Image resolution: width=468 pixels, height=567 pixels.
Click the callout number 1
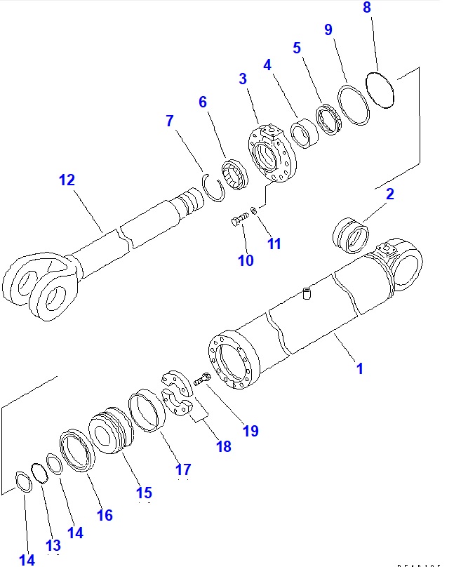(x=359, y=367)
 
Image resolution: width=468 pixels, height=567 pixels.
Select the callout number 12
(x=66, y=180)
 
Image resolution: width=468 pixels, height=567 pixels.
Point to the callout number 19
(x=250, y=430)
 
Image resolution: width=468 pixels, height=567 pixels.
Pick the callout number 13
(x=53, y=545)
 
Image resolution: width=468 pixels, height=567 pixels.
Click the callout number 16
(x=104, y=515)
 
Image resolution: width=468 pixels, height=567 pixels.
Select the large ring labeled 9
(x=354, y=105)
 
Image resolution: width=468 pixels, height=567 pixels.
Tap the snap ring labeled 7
(x=215, y=188)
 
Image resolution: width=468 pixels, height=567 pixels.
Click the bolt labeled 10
(x=239, y=222)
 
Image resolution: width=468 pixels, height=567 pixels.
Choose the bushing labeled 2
(x=349, y=234)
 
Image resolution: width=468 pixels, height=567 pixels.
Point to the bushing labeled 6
(x=233, y=174)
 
